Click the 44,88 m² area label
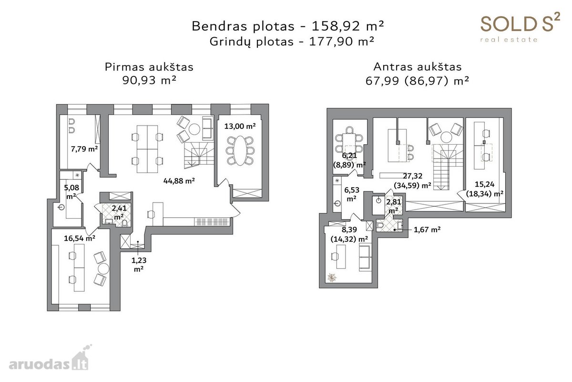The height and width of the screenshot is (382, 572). pos(179,181)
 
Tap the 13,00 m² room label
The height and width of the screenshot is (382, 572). pos(240,126)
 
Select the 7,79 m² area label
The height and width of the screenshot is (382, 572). pos(84,149)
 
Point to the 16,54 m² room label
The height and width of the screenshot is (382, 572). pos(80,238)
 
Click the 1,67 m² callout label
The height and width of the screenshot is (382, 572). pos(427,230)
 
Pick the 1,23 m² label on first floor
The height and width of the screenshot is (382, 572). pos(139,265)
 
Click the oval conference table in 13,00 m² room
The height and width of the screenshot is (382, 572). pos(240,150)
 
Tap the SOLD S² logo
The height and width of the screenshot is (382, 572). pos(520,27)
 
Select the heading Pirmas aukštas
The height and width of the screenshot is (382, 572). pos(149,67)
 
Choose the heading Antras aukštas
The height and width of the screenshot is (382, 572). pos(417,67)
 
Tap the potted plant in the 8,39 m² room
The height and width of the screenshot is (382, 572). pos(332,277)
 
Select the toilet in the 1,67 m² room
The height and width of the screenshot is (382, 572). pos(380,225)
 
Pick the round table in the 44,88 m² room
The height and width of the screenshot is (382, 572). pos(194,129)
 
